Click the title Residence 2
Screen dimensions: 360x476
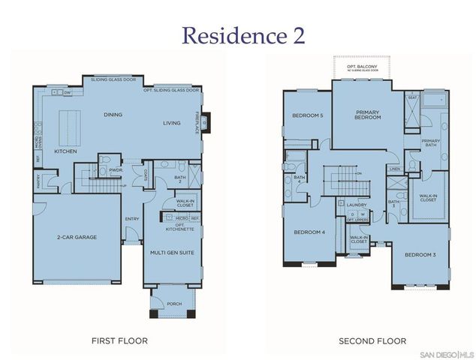(x=237, y=35)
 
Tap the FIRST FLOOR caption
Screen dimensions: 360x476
(x=119, y=340)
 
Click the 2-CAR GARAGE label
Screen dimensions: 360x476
(x=77, y=238)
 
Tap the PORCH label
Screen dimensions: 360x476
(x=173, y=304)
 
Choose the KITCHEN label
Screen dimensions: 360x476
(x=65, y=151)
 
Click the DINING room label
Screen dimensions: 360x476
(x=113, y=115)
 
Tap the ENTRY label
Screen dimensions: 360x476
(x=132, y=219)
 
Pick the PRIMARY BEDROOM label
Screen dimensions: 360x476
(x=368, y=115)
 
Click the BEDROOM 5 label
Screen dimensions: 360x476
(x=307, y=115)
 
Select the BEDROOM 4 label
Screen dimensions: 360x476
(x=308, y=232)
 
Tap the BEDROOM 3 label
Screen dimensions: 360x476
(x=420, y=255)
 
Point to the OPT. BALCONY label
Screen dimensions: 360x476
(x=361, y=67)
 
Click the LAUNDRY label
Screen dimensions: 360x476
(x=355, y=203)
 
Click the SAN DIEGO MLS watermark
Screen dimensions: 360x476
(x=447, y=353)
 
